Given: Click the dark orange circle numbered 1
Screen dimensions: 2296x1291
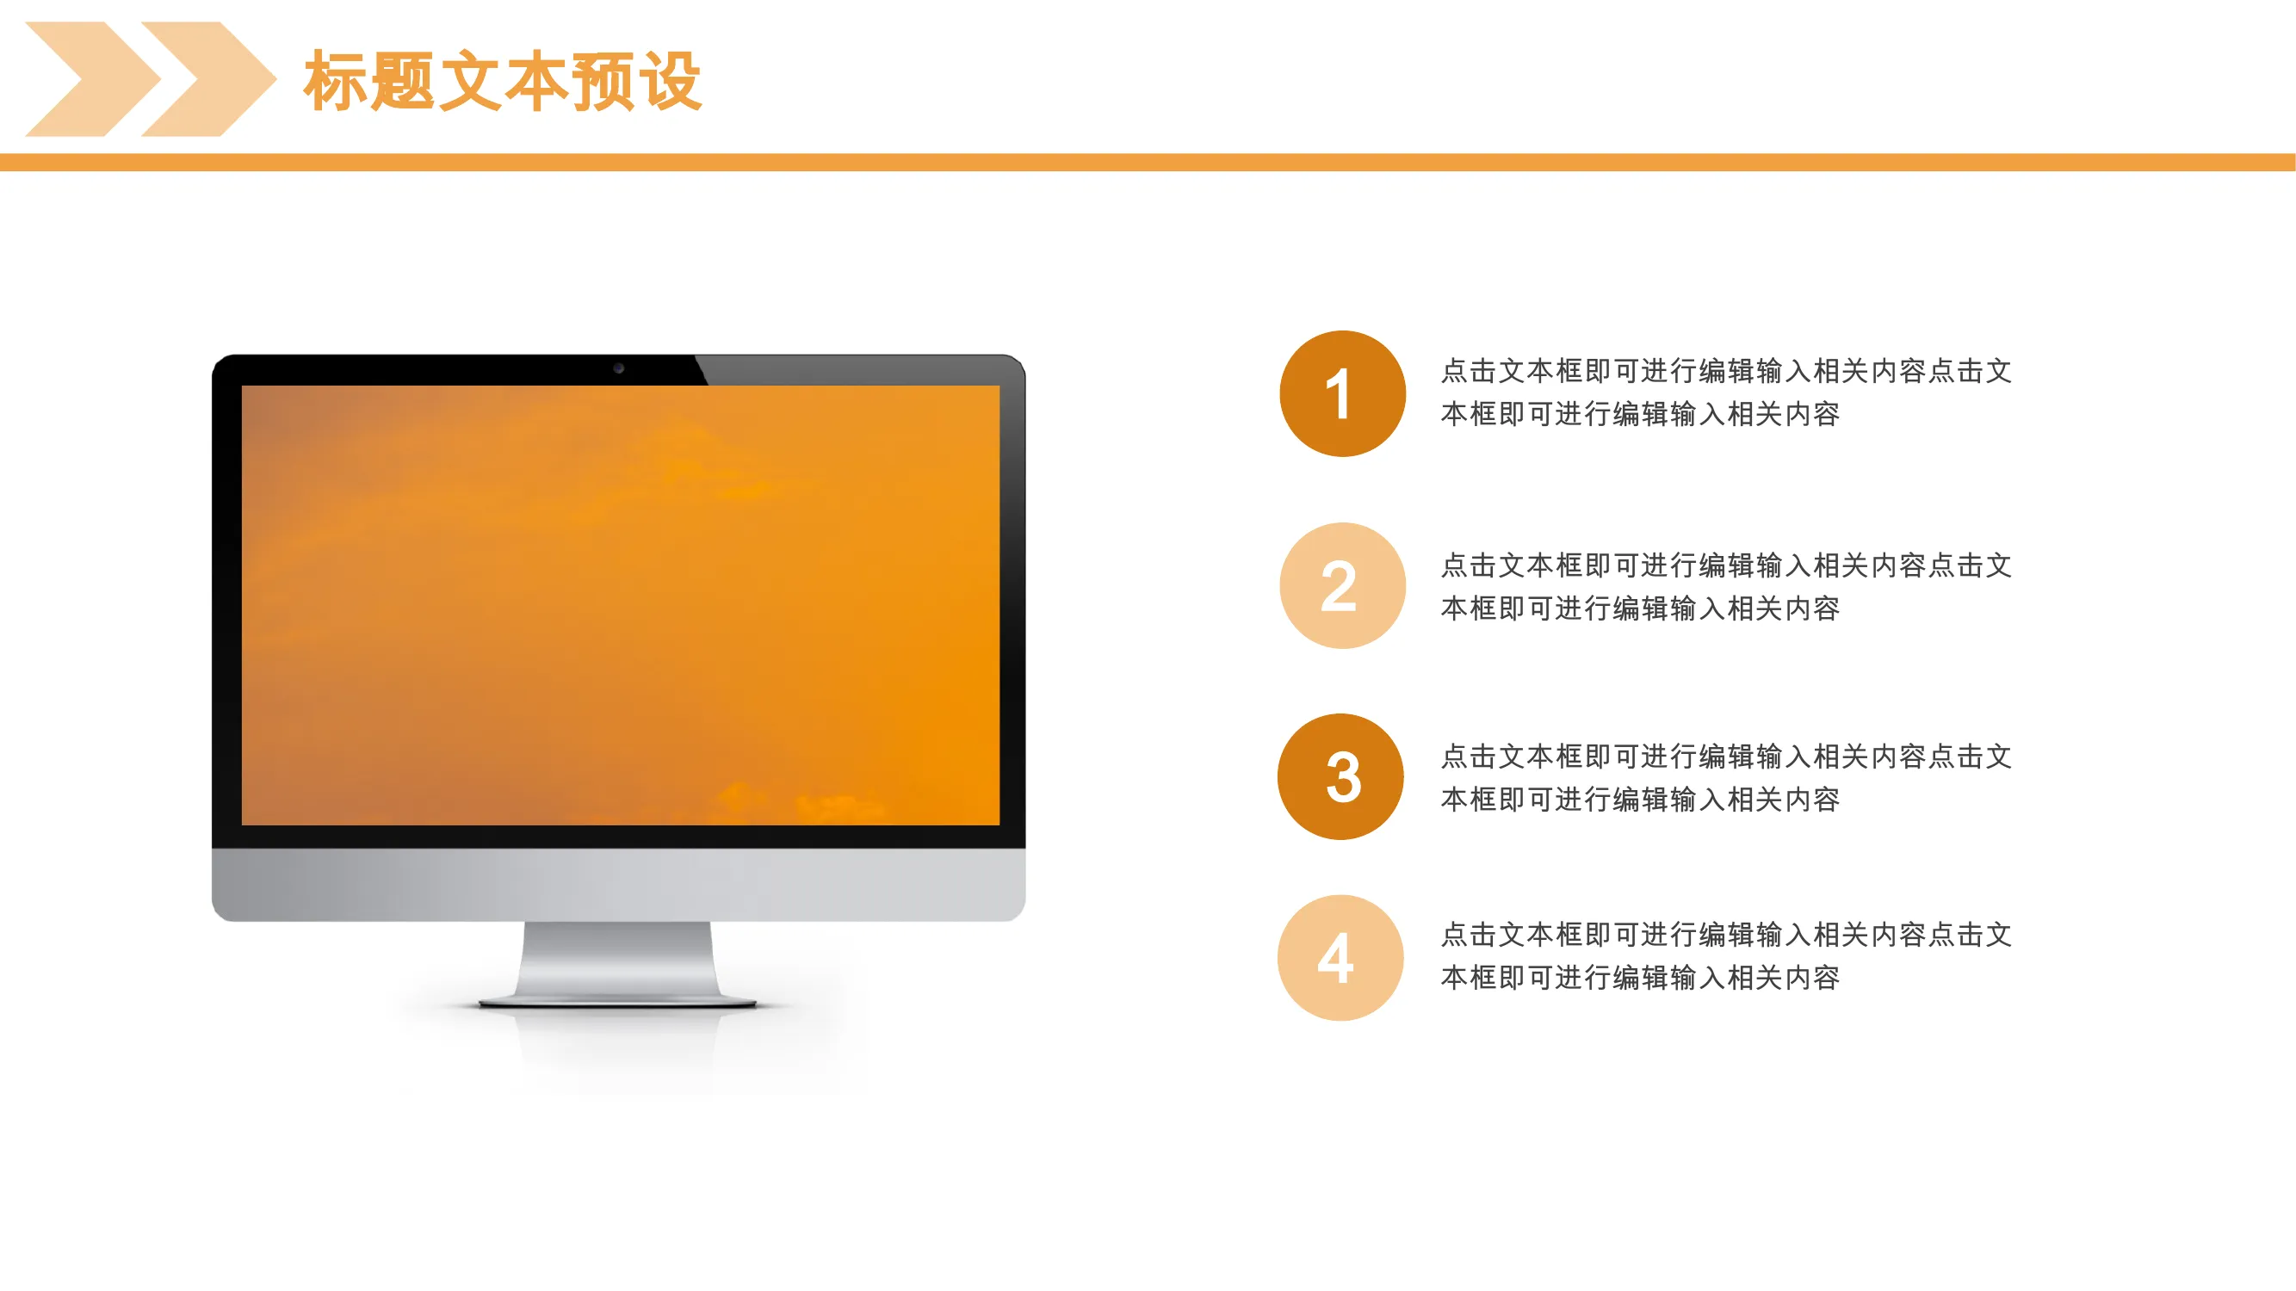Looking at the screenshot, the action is click(1342, 394).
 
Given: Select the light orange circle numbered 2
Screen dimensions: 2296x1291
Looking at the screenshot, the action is click(1342, 585).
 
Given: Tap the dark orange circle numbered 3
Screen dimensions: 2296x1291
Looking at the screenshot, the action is click(1340, 777).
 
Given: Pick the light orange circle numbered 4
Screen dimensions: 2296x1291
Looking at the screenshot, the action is click(1340, 958).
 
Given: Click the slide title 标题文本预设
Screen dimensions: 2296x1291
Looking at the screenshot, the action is click(503, 81).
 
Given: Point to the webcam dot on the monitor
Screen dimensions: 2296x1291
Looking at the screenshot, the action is click(619, 368).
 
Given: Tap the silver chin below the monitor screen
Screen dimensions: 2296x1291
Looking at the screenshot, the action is click(619, 884).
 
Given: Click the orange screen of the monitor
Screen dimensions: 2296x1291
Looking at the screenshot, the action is click(621, 605).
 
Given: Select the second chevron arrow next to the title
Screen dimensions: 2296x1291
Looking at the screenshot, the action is click(208, 79).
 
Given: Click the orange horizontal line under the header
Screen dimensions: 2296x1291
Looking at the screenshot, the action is click(1148, 162).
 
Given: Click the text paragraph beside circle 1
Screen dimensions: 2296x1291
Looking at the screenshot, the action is click(1725, 392).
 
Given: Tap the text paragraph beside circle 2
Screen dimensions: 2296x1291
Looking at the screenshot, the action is click(1725, 586).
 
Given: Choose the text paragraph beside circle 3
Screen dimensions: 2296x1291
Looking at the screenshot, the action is click(1725, 778).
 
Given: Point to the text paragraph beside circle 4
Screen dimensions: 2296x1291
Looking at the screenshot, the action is click(1725, 956).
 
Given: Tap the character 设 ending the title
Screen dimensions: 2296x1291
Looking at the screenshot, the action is click(671, 81).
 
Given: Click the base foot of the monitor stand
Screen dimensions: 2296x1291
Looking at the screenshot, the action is click(617, 1004).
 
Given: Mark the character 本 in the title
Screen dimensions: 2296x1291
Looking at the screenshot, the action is click(536, 81).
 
